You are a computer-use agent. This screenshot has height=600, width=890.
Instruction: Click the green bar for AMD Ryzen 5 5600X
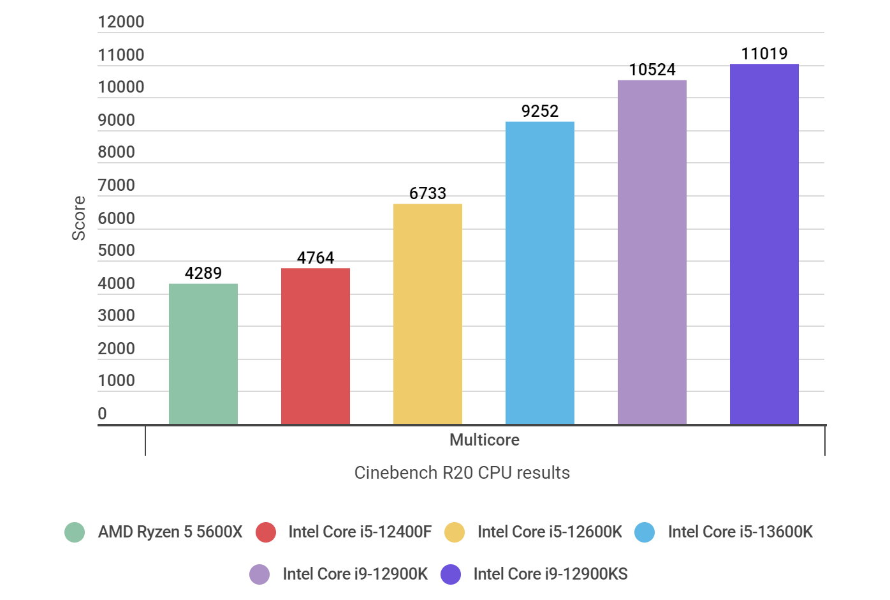[x=203, y=354]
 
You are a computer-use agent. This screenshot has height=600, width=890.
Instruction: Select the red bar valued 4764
[x=315, y=346]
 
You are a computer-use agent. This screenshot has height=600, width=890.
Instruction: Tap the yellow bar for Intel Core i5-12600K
[x=427, y=313]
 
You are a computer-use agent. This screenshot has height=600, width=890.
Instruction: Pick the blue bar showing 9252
[x=539, y=273]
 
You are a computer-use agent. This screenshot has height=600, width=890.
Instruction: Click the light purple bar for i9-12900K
[x=652, y=251]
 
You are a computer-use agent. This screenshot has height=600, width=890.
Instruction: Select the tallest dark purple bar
[x=764, y=244]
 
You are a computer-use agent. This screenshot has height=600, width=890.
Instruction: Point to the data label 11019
[x=764, y=54]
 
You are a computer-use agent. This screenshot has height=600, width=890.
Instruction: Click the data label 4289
[x=203, y=273]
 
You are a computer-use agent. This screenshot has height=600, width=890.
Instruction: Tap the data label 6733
[x=427, y=193]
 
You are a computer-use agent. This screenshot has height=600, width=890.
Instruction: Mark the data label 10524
[x=652, y=70]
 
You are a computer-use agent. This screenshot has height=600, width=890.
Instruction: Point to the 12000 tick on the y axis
[x=120, y=22]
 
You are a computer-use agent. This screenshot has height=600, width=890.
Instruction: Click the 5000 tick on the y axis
[x=116, y=250]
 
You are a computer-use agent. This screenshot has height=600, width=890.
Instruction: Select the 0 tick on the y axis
[x=102, y=414]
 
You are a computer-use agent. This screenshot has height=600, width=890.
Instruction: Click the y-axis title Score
[x=78, y=218]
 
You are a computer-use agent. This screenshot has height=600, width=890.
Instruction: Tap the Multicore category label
[x=484, y=440]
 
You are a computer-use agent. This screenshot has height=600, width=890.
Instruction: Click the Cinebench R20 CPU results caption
[x=462, y=472]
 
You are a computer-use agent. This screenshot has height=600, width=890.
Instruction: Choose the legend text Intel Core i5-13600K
[x=740, y=532]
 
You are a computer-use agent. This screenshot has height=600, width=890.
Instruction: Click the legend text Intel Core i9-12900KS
[x=550, y=574]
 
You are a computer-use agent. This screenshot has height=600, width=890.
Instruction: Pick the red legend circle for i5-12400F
[x=266, y=532]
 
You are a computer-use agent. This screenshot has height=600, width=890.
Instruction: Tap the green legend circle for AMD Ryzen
[x=75, y=532]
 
